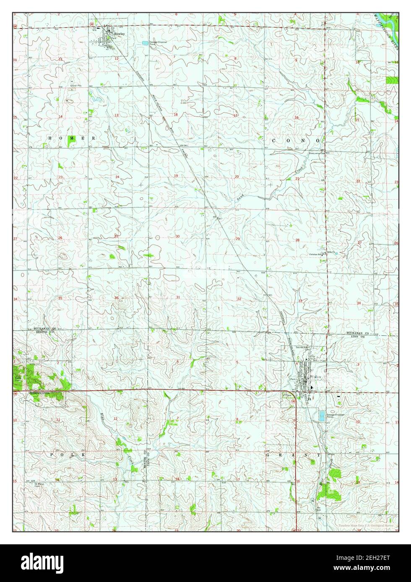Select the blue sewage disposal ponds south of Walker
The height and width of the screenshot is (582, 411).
(322, 416)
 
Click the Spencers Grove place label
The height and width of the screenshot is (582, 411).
(39, 393)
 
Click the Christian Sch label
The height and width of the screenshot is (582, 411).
(317, 254)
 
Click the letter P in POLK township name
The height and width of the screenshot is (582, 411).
(52, 454)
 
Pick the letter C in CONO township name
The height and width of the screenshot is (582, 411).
(274, 141)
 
